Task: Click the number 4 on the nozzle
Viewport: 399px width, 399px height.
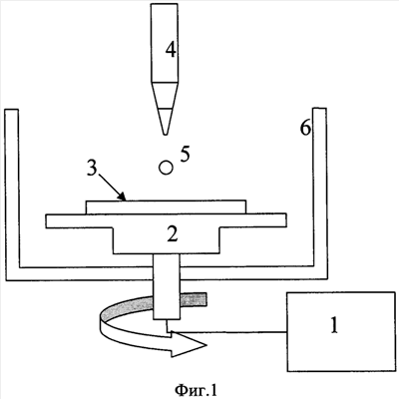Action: point(171,51)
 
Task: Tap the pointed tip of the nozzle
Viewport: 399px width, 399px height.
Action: point(165,134)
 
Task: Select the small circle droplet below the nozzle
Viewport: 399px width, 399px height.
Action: point(166,168)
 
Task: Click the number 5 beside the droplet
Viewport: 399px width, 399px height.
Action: point(185,155)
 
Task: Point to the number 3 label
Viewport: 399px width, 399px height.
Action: point(91,170)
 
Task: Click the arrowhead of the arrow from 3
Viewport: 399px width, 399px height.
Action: point(123,198)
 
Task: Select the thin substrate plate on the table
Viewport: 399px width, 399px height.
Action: point(167,207)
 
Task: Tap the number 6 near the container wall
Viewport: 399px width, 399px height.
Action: point(305,128)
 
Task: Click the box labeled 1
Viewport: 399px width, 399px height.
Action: point(341,331)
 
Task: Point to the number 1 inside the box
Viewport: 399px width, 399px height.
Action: point(334,325)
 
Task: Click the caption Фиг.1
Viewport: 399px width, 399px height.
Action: point(198,389)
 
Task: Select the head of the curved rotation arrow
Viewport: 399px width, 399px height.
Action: point(189,344)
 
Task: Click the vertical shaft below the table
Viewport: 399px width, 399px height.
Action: point(167,287)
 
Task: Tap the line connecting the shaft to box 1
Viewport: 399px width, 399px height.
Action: point(226,331)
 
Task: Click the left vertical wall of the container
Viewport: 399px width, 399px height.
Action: point(12,195)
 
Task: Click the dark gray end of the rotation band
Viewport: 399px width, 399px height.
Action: point(194,299)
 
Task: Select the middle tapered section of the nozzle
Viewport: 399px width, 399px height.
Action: point(166,96)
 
